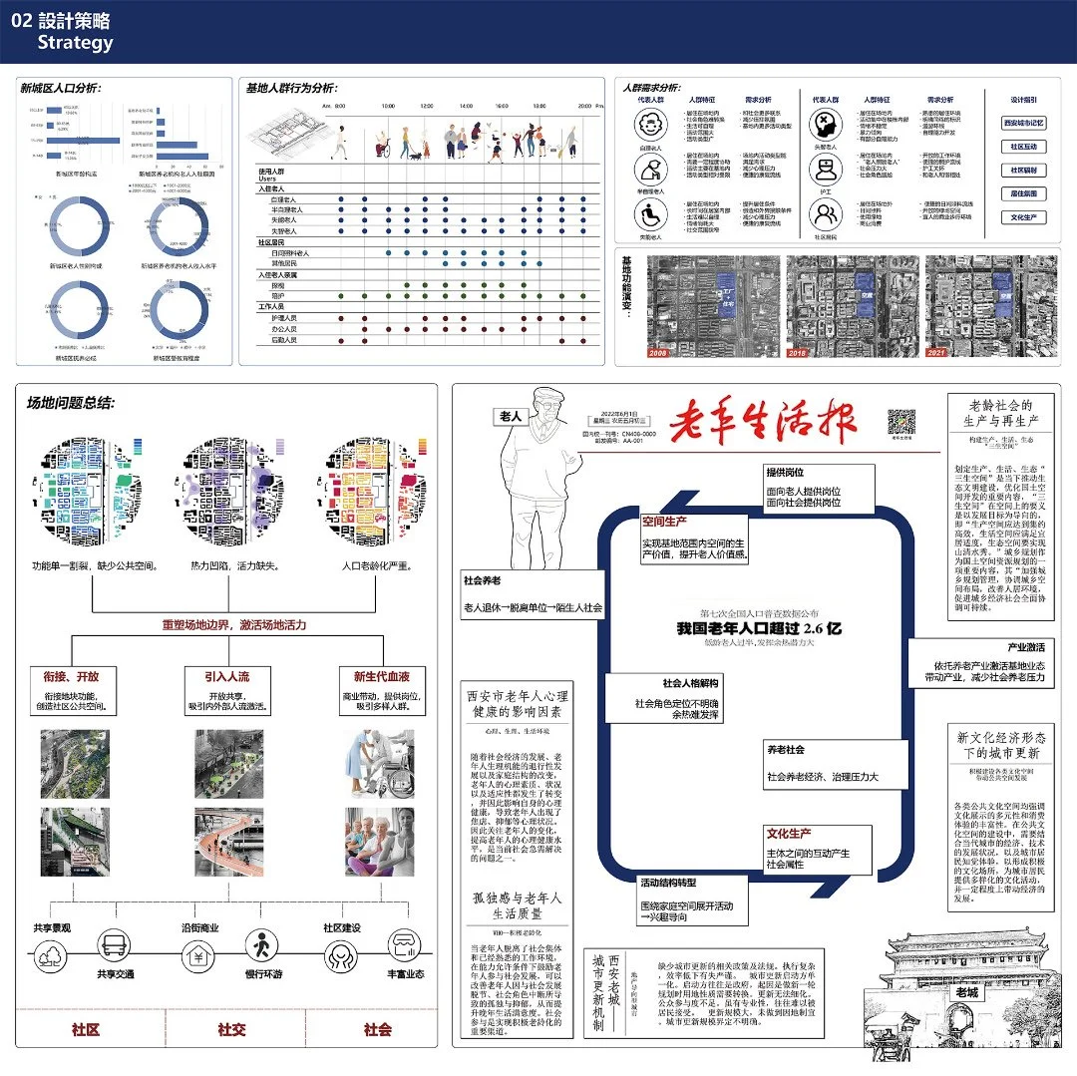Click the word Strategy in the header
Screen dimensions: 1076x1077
coord(75,43)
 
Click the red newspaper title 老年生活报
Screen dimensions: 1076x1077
coord(763,423)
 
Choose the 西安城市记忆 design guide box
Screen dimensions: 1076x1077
coord(1023,123)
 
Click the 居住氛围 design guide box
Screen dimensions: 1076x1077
coord(1023,193)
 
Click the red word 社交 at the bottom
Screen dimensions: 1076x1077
coord(231,1029)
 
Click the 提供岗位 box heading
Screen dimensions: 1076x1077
coord(785,472)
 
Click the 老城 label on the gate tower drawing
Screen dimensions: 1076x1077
coord(966,993)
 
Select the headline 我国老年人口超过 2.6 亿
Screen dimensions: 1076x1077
coord(759,629)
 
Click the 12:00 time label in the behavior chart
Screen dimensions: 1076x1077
coord(425,105)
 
